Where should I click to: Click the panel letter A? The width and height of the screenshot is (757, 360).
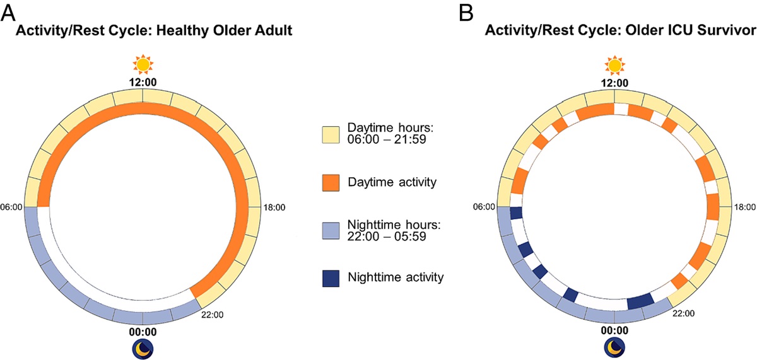10,10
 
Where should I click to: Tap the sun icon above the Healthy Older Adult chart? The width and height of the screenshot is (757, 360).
143,64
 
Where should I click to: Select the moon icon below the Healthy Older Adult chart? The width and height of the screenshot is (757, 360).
143,348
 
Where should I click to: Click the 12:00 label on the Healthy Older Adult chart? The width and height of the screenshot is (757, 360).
143,82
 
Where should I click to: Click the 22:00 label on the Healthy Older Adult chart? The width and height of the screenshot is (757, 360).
213,313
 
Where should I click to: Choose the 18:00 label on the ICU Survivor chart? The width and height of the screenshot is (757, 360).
746,206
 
